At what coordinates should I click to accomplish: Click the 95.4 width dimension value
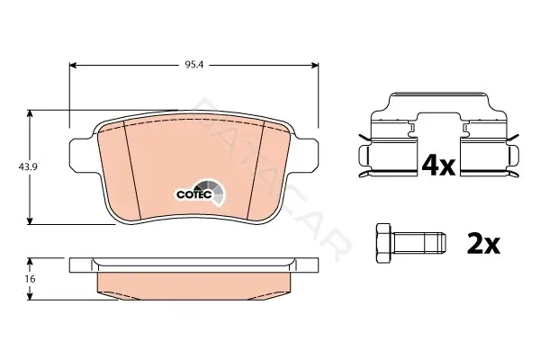click(194, 65)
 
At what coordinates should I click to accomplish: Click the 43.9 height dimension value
click(28, 167)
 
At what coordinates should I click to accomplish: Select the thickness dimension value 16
click(31, 278)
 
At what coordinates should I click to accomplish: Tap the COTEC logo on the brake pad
click(201, 193)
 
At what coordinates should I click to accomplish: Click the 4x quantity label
click(438, 165)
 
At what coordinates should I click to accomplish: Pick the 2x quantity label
click(483, 244)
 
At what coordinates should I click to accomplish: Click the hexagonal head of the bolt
click(384, 244)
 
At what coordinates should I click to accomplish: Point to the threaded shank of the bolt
click(418, 244)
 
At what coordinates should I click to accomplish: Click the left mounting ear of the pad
click(79, 154)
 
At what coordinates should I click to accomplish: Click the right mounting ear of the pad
click(308, 154)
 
